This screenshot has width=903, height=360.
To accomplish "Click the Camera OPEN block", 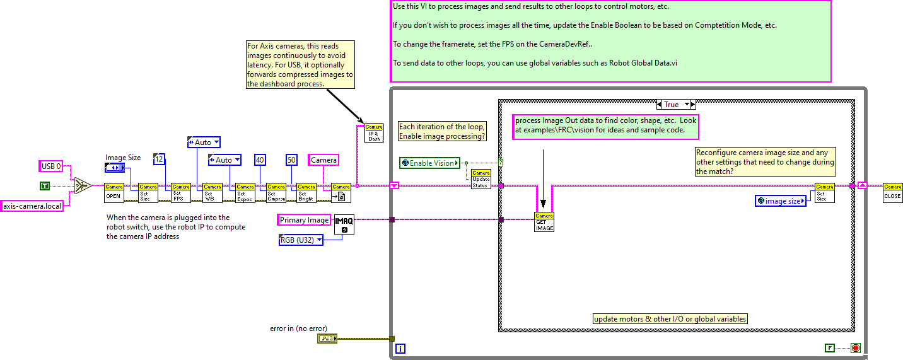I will pos(114,192).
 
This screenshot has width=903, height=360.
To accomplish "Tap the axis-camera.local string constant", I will pos(32,206).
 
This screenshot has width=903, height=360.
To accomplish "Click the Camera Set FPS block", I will pos(180,192).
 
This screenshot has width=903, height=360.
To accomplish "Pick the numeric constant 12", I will pos(160,160).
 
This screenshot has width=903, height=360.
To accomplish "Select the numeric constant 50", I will pos(291,160).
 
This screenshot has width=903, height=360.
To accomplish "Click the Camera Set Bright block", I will pos(306,192).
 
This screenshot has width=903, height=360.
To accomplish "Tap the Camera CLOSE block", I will pos(892,192).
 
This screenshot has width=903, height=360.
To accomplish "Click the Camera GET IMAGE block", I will pos(544,222).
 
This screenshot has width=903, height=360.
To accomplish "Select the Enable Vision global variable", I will pos(430,163).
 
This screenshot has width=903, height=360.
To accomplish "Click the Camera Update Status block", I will pos(481,180).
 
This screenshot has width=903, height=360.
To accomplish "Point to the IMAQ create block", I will pos(344,224).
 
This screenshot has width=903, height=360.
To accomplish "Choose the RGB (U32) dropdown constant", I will pos(301,240).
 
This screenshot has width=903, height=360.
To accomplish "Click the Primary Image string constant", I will pos(305,220).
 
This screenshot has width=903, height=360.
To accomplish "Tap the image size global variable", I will pos(781,201).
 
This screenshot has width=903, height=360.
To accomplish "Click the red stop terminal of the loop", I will pos(856,347).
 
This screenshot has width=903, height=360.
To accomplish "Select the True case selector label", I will pos(675,105).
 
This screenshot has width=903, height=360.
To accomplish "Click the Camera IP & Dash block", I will pos(374,133).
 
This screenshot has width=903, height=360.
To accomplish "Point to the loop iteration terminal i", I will pos(400,349).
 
